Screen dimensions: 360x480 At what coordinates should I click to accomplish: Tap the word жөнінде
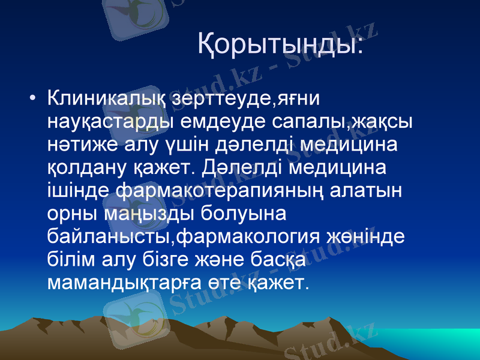(x=364, y=238)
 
